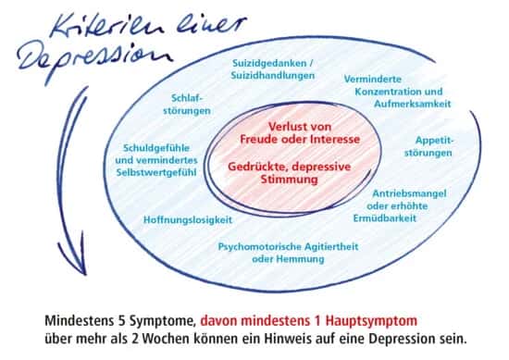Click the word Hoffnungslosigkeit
[188, 220]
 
